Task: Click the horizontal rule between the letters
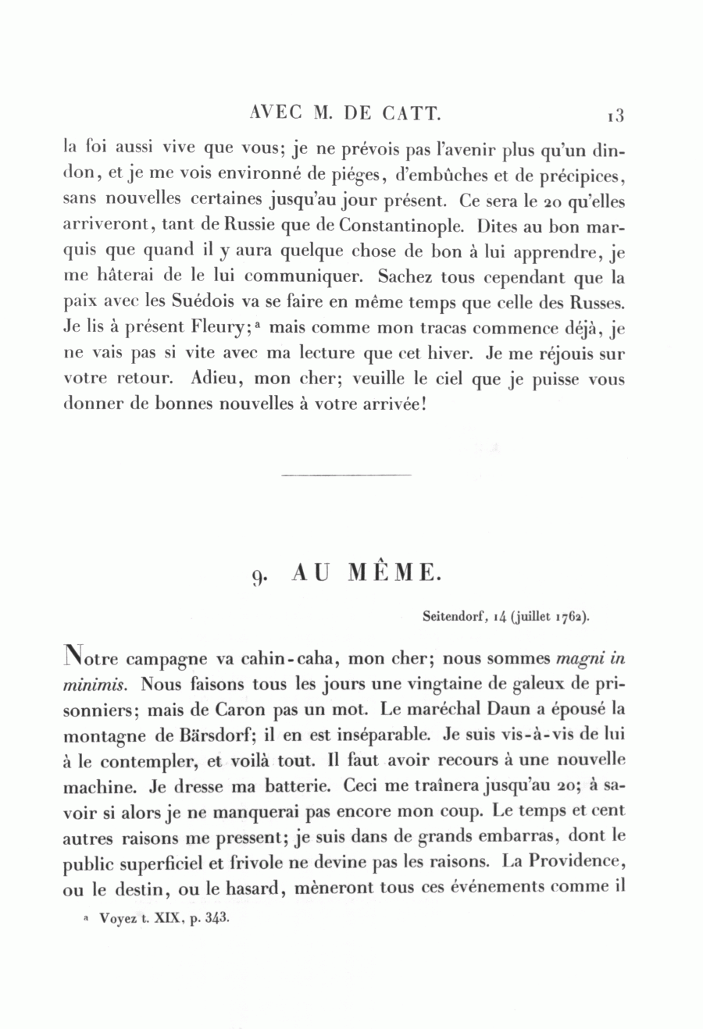click(x=345, y=474)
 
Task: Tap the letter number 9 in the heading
click(x=260, y=576)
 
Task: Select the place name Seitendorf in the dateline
click(x=453, y=616)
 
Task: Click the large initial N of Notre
click(x=71, y=656)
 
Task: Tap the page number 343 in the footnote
click(x=215, y=918)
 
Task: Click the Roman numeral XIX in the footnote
click(x=161, y=919)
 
